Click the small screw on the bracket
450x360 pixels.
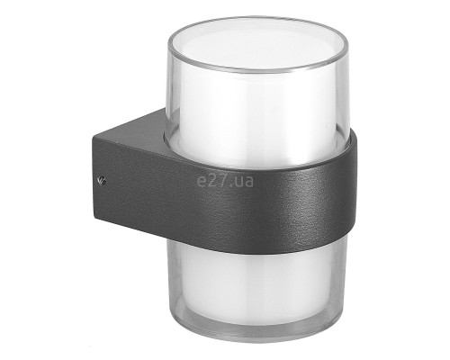click(102, 180)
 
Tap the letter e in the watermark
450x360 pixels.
click(202, 181)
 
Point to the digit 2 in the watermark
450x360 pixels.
click(211, 180)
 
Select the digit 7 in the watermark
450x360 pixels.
click(221, 180)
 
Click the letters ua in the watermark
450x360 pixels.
click(243, 181)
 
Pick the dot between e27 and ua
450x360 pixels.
click(229, 185)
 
